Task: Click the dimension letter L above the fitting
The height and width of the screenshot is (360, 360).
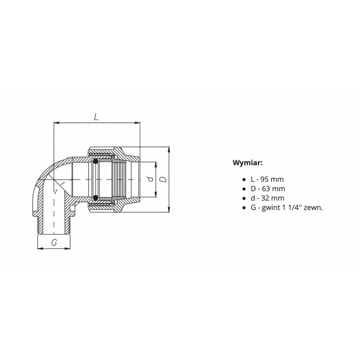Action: (x=96, y=117)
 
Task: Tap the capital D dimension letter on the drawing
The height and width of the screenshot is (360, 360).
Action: (x=163, y=179)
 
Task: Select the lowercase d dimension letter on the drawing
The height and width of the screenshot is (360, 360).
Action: (x=151, y=179)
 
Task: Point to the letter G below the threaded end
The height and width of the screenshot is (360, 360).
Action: (x=54, y=242)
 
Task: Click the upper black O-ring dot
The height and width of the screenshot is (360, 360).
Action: (x=96, y=161)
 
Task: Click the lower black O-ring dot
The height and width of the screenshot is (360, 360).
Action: (x=96, y=198)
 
